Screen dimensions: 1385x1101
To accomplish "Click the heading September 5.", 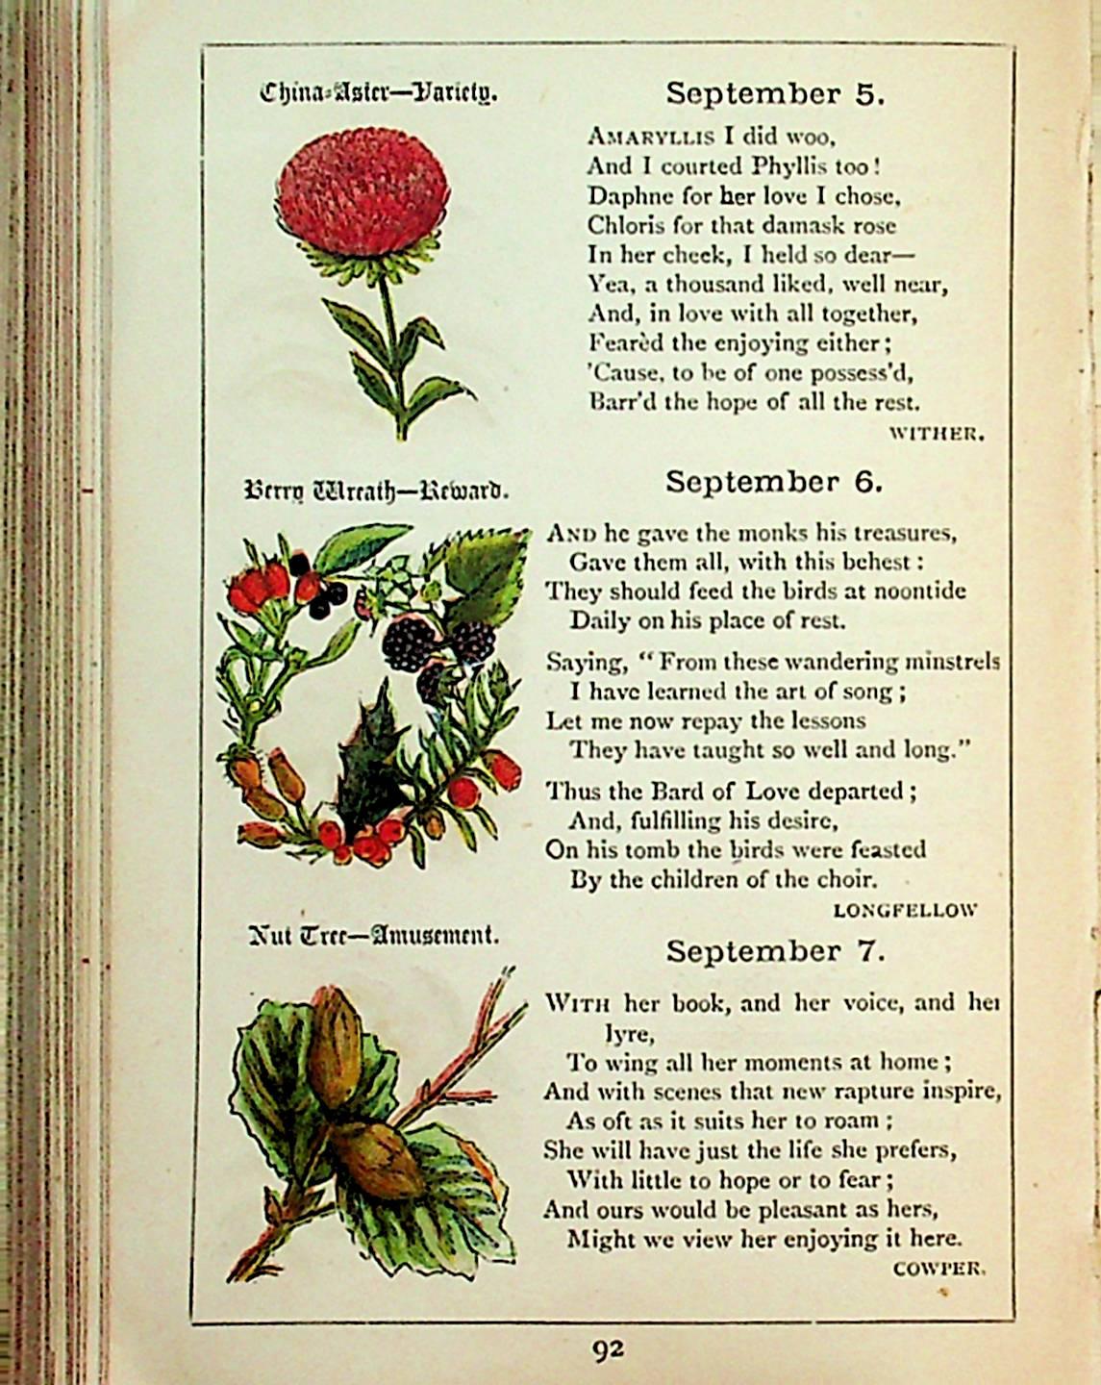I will click(x=774, y=93).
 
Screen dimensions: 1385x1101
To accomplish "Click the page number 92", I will click(x=607, y=1349).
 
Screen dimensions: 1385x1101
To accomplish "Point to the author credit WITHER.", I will click(x=937, y=433).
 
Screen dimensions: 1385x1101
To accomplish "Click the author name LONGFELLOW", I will click(x=905, y=909).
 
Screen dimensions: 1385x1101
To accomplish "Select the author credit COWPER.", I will click(x=938, y=1268).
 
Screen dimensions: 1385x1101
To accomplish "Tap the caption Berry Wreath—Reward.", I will click(x=376, y=492).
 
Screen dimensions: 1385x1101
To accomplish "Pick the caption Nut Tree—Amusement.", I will click(x=373, y=934).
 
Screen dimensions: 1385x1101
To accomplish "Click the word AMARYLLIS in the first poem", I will click(x=650, y=136).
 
